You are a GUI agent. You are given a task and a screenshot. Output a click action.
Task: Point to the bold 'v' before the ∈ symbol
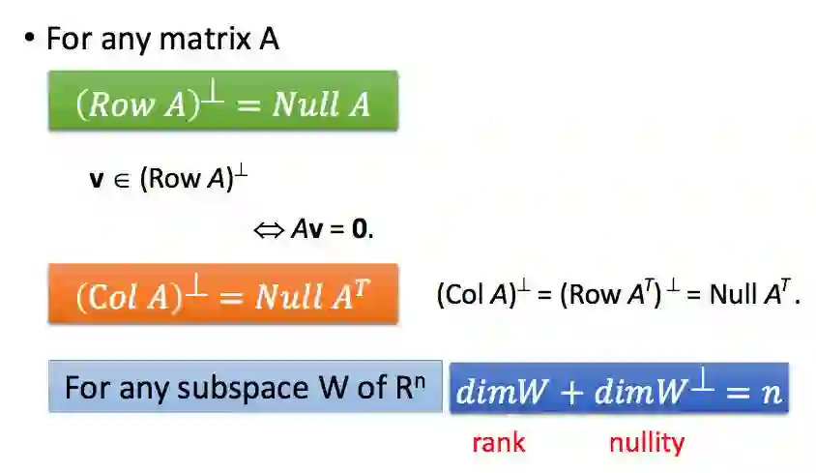pos(97,179)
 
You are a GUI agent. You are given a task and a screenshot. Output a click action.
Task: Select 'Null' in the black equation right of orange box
pos(735,295)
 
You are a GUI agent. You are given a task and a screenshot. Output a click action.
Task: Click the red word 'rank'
pos(498,443)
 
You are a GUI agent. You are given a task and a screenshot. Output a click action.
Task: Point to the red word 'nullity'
pos(646,443)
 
